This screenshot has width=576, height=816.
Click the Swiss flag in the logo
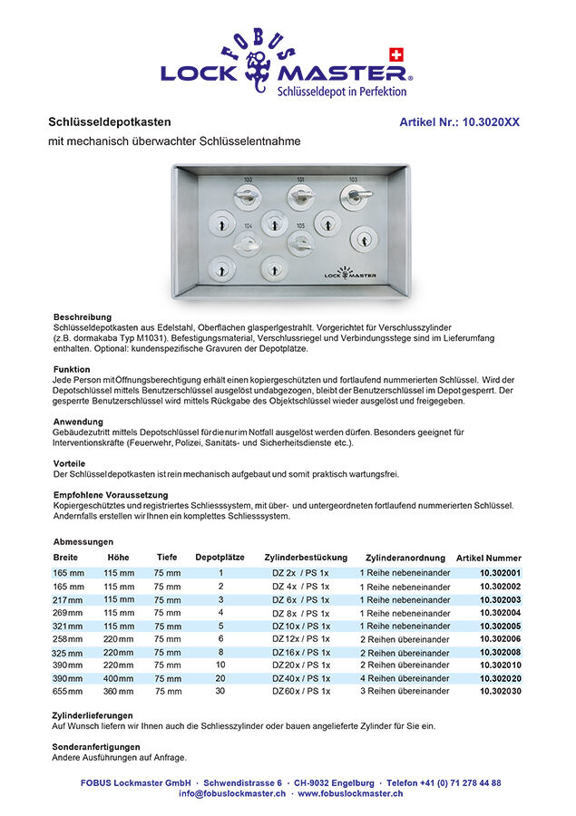point(395,53)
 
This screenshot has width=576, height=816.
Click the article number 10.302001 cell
point(500,574)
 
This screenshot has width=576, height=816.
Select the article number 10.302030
point(500,691)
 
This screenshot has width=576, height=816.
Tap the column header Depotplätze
point(220,558)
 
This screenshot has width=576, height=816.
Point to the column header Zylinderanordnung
point(405,558)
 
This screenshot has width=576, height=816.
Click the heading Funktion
point(71,369)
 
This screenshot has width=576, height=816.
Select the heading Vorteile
point(69,463)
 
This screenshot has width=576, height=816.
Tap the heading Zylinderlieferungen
point(93,715)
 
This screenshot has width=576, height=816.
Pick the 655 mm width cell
point(68,691)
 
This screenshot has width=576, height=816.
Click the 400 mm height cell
point(119,678)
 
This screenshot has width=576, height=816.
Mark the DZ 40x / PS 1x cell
point(301,678)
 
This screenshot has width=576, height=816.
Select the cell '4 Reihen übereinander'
point(405,678)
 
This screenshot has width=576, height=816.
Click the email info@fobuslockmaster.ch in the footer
point(232,793)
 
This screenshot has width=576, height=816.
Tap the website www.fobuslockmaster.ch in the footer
point(350,793)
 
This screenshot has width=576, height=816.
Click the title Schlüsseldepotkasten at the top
point(109,121)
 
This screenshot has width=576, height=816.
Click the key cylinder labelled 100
point(248,197)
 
